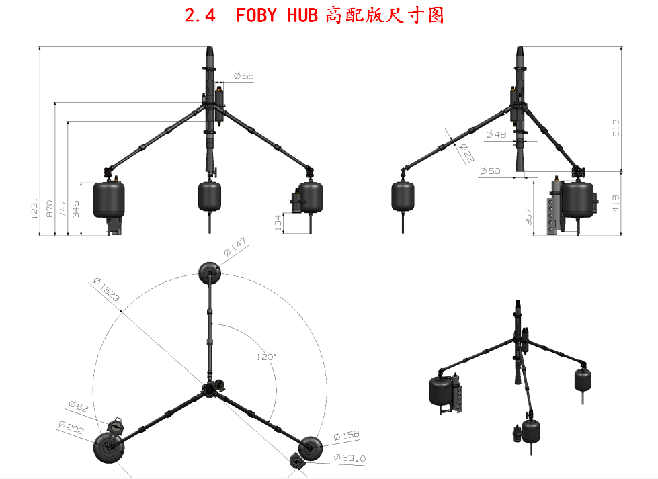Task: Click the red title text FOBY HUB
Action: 276,15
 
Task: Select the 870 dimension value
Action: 49,208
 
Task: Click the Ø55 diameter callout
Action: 243,76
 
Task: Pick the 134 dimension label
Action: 278,223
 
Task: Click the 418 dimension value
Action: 616,203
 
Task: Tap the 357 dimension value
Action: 528,217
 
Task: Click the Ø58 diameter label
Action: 490,172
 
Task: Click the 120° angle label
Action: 266,357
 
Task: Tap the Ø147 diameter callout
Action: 235,251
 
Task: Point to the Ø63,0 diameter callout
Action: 349,458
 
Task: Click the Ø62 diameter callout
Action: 78,406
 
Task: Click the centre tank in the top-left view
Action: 209,195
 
